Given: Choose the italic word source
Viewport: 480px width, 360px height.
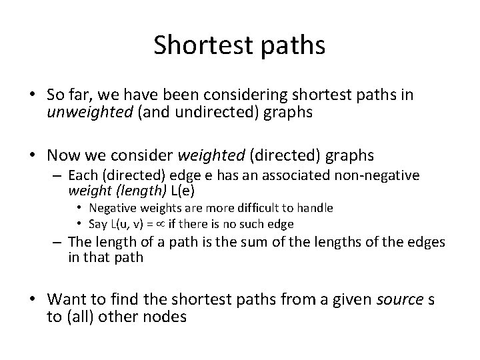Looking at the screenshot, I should coord(400,299).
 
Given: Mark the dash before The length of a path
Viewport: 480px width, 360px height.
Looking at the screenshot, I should coord(57,243).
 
